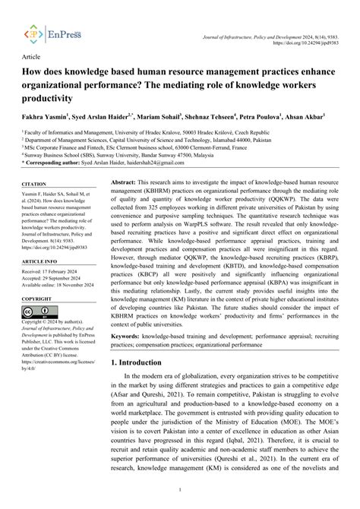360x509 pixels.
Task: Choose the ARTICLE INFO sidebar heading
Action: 39,261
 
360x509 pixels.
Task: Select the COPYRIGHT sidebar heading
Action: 39,302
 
